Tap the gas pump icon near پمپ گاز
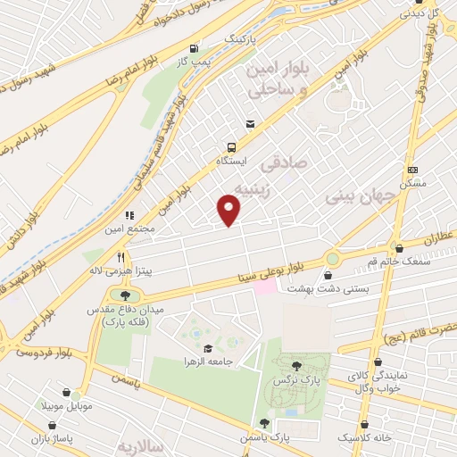[x=194, y=48]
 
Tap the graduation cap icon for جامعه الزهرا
[x=208, y=348]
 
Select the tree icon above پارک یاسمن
[x=264, y=424]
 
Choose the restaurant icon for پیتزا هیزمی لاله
[x=119, y=256]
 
